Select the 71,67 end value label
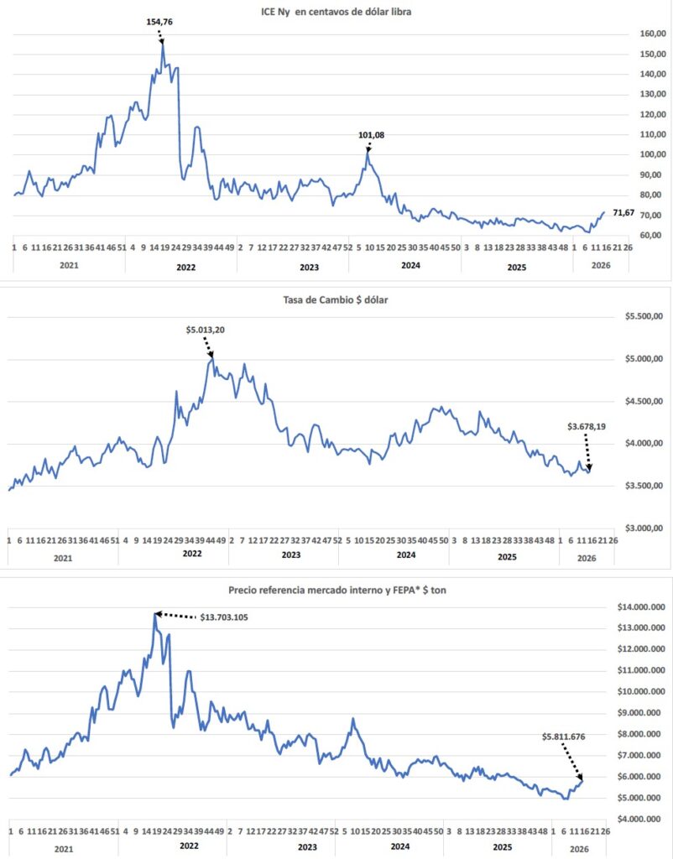click(625, 214)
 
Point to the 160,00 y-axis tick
click(629, 34)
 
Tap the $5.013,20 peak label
click(205, 330)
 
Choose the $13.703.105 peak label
click(226, 617)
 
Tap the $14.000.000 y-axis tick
click(641, 607)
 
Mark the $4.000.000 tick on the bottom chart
click(641, 820)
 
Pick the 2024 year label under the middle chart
click(405, 556)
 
